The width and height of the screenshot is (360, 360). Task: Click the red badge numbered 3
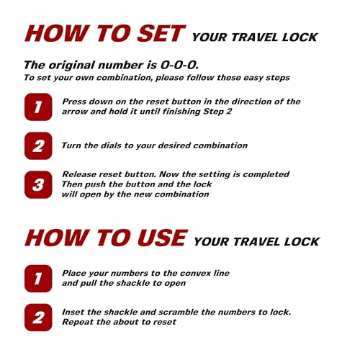[x=38, y=184]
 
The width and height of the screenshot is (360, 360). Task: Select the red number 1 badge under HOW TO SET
[x=38, y=107]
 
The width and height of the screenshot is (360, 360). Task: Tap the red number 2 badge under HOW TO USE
[x=38, y=317]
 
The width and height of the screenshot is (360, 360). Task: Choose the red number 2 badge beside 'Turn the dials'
[x=38, y=145]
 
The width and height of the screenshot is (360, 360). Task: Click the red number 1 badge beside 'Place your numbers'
[x=38, y=278]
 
